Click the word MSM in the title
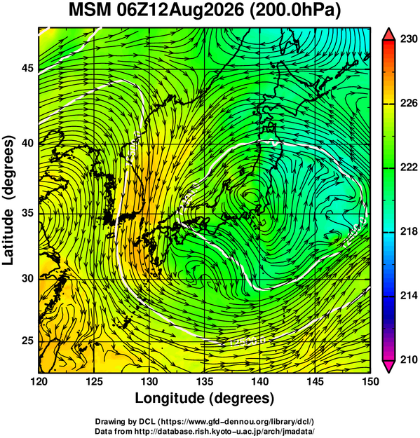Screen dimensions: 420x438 (90, 11)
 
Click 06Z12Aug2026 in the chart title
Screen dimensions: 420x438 (179, 11)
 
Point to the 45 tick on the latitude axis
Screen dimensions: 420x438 (27, 68)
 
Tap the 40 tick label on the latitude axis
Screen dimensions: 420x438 (27, 143)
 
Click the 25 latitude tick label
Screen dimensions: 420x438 (27, 341)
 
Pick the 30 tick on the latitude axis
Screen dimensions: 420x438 (27, 278)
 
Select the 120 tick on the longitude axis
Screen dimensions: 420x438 (39, 381)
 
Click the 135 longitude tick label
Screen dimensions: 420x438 (205, 381)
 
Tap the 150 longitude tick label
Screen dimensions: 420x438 (370, 381)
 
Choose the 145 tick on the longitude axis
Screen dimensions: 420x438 (316, 381)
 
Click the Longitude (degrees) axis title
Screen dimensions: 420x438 (204, 398)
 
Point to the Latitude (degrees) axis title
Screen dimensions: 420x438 (8, 200)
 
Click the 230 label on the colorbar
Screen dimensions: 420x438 (409, 39)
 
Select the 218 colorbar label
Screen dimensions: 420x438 (409, 231)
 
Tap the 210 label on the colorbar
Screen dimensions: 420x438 (409, 360)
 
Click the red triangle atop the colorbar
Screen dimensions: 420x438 (388, 35)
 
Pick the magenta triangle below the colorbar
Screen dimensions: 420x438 (388, 367)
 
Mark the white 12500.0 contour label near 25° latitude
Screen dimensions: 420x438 (248, 341)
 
